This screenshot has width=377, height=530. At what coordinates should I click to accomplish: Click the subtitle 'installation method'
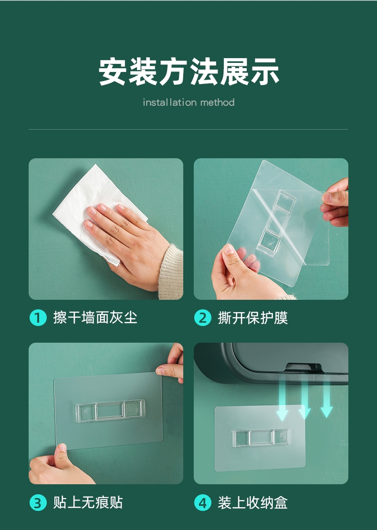pyautogui.click(x=188, y=102)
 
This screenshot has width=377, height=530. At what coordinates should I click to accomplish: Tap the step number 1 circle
pyautogui.click(x=38, y=317)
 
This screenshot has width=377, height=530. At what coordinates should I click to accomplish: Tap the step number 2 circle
pyautogui.click(x=202, y=317)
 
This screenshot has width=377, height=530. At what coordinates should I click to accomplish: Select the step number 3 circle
pyautogui.click(x=38, y=502)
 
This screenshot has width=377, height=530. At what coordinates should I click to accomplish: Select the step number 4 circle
pyautogui.click(x=202, y=502)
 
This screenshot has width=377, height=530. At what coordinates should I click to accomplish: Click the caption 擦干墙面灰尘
pyautogui.click(x=95, y=317)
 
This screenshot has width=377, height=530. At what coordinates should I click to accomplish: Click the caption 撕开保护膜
pyautogui.click(x=253, y=317)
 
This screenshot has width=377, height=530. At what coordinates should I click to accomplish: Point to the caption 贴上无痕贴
pyautogui.click(x=88, y=502)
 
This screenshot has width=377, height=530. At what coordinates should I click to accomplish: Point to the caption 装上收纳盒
pyautogui.click(x=253, y=502)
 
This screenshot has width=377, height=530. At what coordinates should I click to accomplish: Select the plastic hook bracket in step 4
pyautogui.click(x=261, y=438)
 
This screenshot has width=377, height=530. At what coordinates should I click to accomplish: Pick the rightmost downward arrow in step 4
pyautogui.click(x=326, y=400)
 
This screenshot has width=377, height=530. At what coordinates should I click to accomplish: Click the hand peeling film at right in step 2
pyautogui.click(x=336, y=203)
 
